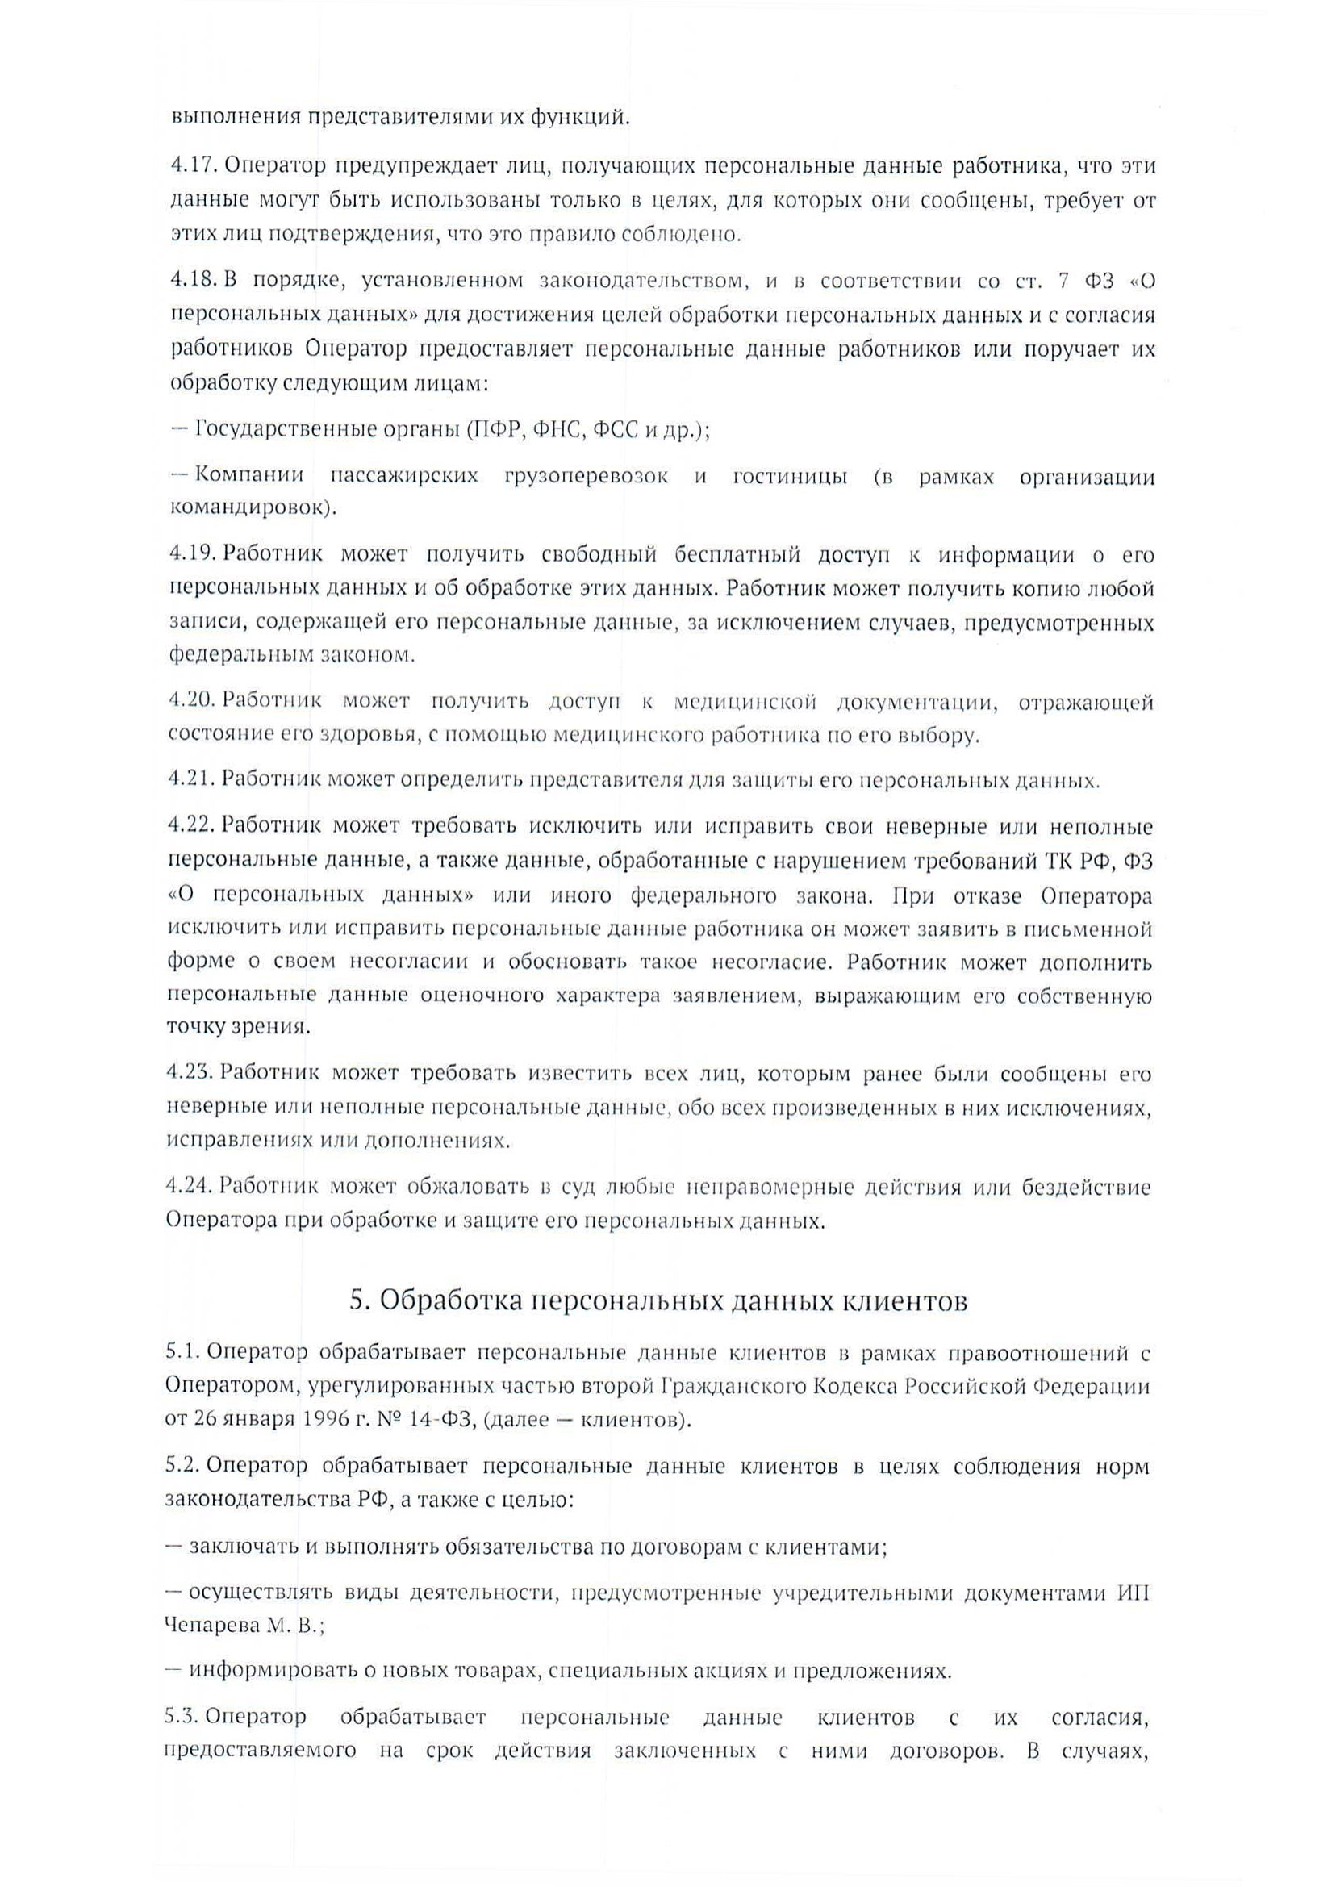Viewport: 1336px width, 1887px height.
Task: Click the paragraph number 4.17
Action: tap(193, 166)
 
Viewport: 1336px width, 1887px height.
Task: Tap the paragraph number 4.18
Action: tap(193, 282)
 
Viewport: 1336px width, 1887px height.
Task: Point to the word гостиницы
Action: tap(790, 476)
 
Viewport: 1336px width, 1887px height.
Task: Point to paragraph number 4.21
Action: tap(192, 779)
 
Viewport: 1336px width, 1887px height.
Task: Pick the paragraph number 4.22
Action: tap(192, 826)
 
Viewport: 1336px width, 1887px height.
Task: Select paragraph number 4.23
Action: tap(191, 1074)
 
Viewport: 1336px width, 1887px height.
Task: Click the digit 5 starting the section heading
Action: tap(357, 1300)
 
